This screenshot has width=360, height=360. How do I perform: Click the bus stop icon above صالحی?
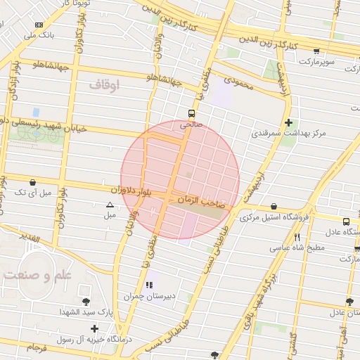(191, 113)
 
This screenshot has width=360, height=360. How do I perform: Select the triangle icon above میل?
(110, 205)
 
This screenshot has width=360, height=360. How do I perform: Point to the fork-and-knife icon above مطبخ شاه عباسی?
(297, 237)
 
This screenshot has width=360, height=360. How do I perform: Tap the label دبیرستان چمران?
(149, 297)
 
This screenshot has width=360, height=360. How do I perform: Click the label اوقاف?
(105, 85)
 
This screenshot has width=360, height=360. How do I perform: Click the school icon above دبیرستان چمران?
(148, 285)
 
